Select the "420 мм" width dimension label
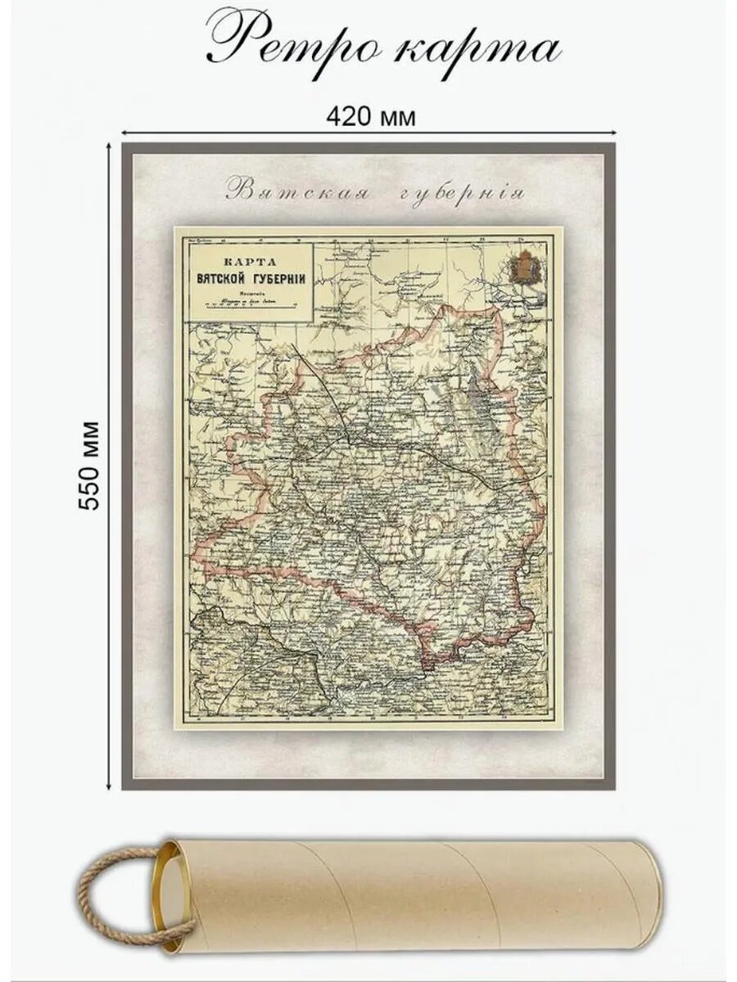tap(370, 117)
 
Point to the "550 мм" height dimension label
tap(88, 466)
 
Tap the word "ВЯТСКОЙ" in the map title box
tap(225, 277)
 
